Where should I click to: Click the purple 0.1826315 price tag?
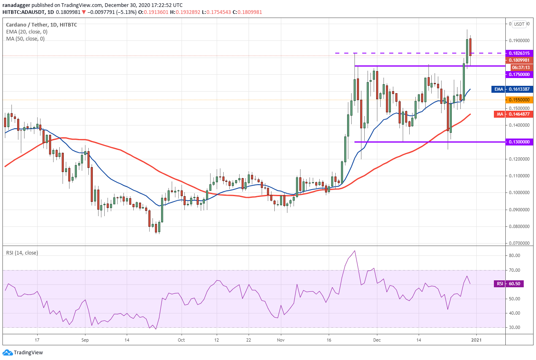[x=519, y=53]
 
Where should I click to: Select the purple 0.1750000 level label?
[x=519, y=74]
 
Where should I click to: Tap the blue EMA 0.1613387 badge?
[x=512, y=89]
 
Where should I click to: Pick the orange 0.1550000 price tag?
[x=519, y=100]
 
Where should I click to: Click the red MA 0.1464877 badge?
[x=514, y=114]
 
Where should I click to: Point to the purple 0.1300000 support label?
[x=519, y=142]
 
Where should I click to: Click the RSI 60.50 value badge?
[x=509, y=284]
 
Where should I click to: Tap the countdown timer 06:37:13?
[x=522, y=67]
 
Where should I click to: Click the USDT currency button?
[x=519, y=24]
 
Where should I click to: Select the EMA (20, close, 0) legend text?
[x=27, y=32]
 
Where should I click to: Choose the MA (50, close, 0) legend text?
[x=25, y=39]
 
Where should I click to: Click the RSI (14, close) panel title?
[x=22, y=253]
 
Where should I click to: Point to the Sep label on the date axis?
[x=85, y=340]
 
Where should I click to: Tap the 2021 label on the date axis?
[x=476, y=340]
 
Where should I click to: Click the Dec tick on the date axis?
[x=377, y=340]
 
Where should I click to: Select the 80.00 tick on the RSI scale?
[x=514, y=255]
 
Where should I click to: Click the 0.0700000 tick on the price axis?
[x=519, y=243]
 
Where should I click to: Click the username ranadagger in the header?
[x=16, y=5]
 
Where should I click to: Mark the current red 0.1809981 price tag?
[x=519, y=60]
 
